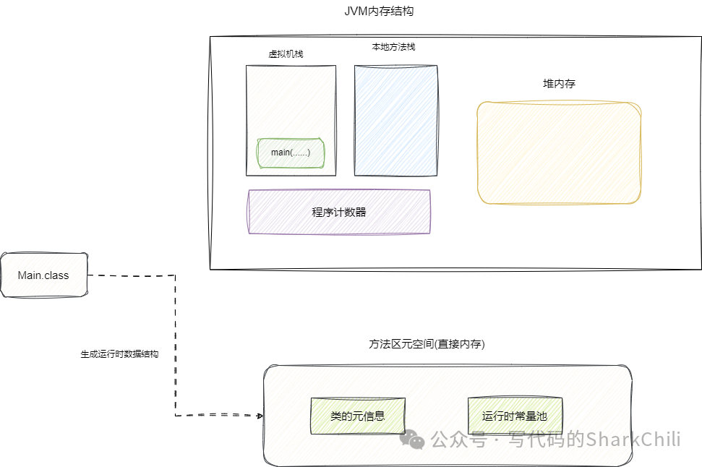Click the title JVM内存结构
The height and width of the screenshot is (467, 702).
tap(380, 12)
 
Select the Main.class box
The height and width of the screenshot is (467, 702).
tap(43, 275)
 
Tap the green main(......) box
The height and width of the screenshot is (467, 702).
tap(291, 153)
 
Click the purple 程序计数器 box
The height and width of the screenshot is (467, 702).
tap(339, 212)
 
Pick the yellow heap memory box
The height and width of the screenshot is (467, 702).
tap(559, 153)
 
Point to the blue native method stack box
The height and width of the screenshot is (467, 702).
tap(396, 120)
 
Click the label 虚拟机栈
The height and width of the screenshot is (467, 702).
tap(286, 53)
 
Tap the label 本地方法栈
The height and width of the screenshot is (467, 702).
tap(393, 46)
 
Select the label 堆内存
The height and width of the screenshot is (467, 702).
tap(559, 84)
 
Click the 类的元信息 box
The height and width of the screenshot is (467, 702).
tap(357, 416)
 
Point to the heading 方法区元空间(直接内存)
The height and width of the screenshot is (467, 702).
tap(427, 344)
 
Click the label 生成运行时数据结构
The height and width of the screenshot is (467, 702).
tap(119, 355)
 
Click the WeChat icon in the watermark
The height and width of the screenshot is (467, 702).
tap(414, 439)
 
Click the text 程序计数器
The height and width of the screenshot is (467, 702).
tap(339, 212)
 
